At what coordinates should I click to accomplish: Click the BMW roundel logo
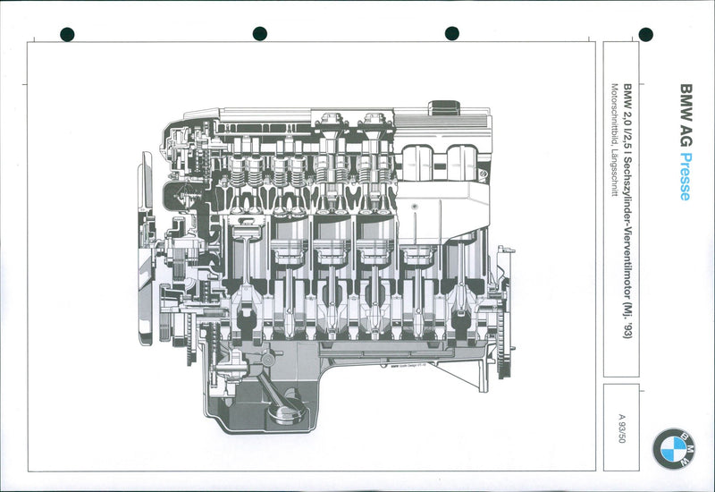point(672,448)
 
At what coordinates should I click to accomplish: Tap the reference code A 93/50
point(621,428)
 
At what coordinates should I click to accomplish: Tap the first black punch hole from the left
point(67,34)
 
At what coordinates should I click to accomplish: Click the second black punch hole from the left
point(259,34)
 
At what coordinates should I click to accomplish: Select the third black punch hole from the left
point(451,34)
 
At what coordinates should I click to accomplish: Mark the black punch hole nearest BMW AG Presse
point(646,35)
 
